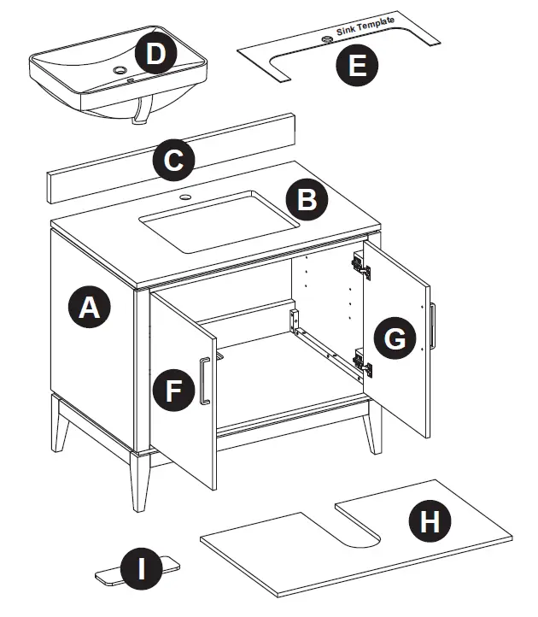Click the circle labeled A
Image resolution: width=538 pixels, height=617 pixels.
coord(89,308)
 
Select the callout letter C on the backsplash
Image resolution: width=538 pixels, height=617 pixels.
coord(173,162)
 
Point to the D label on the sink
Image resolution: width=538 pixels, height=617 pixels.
coord(155,54)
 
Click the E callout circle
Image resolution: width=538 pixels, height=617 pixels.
coord(357,65)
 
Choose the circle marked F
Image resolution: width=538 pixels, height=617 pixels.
coord(173,391)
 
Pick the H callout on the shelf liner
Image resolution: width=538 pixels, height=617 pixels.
coord(430,521)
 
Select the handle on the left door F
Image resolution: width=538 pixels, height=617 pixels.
coord(204,381)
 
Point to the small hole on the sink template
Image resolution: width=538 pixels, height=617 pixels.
coord(326,39)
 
